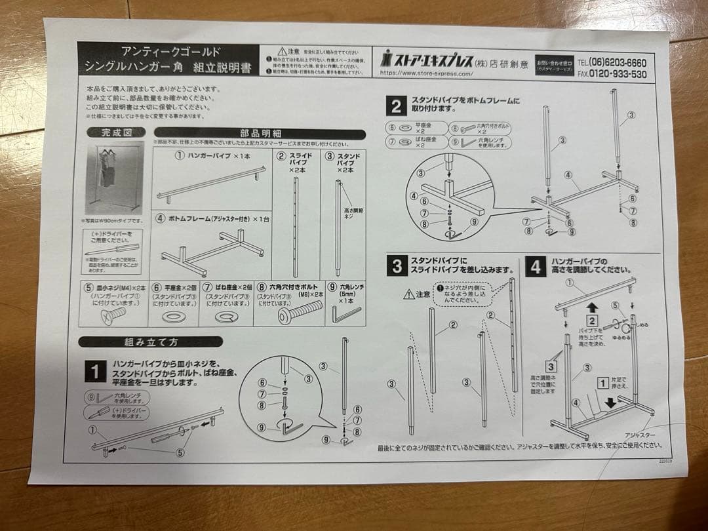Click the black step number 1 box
[94, 372]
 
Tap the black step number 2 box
[396, 106]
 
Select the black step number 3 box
[396, 265]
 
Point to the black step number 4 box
[536, 267]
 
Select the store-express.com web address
[426, 73]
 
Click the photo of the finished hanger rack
[113, 177]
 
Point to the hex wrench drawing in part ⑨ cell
[346, 315]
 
